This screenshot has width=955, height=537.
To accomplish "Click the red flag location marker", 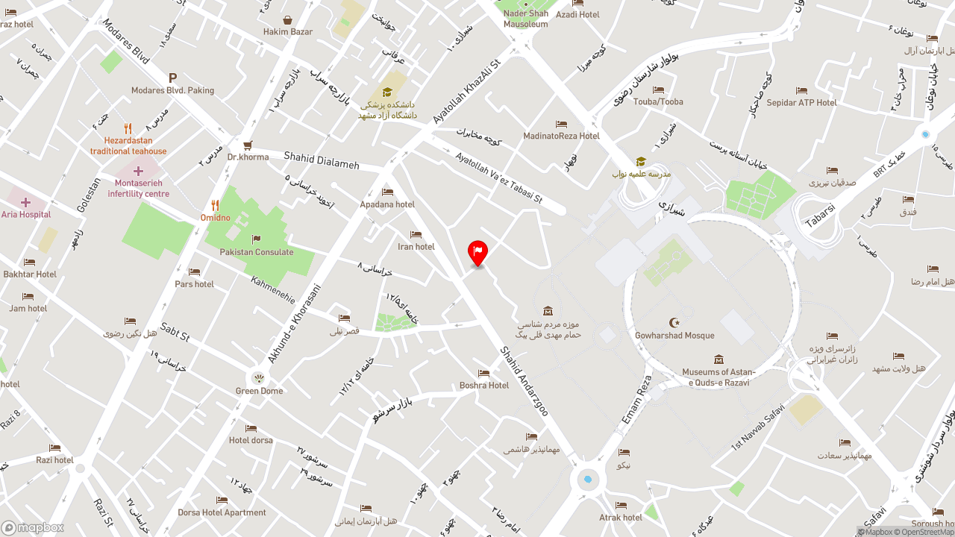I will click(x=477, y=252).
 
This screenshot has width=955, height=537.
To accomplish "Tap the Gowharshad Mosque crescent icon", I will click(x=675, y=322).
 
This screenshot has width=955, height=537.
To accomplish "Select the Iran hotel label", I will click(x=416, y=247).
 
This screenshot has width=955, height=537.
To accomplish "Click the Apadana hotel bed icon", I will click(x=387, y=192).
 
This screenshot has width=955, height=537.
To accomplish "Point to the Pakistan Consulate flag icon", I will click(x=256, y=239).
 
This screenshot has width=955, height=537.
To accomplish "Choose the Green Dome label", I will click(x=259, y=391).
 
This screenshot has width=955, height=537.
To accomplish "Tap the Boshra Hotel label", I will click(x=484, y=386).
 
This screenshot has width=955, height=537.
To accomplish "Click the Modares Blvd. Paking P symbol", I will click(x=172, y=78).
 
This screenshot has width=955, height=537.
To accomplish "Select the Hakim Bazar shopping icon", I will click(x=287, y=20).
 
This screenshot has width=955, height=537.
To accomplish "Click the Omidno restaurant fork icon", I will click(x=215, y=205).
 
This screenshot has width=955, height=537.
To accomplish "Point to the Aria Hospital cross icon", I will click(x=26, y=202).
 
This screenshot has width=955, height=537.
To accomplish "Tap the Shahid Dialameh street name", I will click(x=322, y=160).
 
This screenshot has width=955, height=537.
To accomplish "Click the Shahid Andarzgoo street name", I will click(x=524, y=381).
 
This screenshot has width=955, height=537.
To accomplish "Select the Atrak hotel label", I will click(x=621, y=518).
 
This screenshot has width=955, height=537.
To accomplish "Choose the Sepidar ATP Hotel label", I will click(x=801, y=103).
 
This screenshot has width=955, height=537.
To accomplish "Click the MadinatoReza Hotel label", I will click(x=561, y=136).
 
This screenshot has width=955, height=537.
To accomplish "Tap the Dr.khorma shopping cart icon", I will click(x=248, y=145).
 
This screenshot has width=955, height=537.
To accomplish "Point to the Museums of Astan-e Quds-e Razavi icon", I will click(x=718, y=359).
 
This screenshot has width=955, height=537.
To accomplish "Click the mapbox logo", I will click(x=32, y=528).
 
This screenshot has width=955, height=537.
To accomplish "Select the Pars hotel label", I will click(x=194, y=284).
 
